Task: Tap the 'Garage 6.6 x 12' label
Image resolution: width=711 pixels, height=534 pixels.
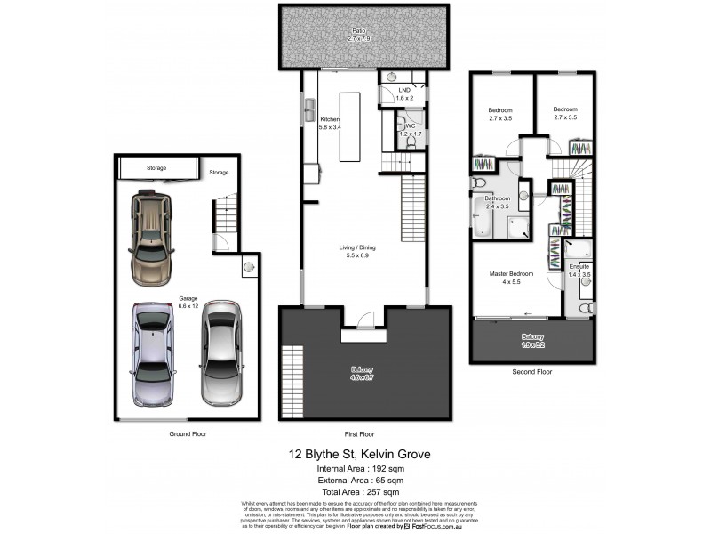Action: click(x=188, y=303)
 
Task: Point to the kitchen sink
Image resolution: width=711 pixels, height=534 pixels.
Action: click(x=308, y=110)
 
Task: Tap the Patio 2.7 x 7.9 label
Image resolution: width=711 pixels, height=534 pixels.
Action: click(x=356, y=36)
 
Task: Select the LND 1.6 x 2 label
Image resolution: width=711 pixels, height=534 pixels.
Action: click(x=404, y=93)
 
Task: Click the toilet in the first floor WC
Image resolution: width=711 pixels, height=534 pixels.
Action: click(x=401, y=125)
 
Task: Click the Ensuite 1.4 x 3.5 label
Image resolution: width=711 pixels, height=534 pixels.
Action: click(x=579, y=271)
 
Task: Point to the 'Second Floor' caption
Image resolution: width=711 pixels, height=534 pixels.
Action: click(x=532, y=372)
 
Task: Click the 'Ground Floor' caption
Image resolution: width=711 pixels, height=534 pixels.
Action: click(x=188, y=433)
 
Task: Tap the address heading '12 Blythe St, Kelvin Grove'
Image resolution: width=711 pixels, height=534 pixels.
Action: click(x=361, y=454)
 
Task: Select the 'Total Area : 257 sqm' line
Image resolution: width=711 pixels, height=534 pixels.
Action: click(x=360, y=491)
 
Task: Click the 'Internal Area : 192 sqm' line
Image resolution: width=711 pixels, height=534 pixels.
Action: click(x=360, y=469)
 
